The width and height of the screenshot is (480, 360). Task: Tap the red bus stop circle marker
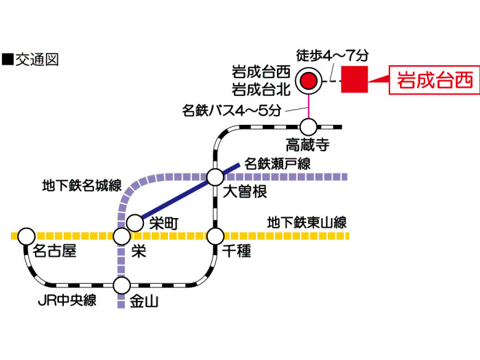309,81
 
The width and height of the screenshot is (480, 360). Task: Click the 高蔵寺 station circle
309,126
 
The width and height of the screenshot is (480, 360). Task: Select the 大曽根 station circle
216,177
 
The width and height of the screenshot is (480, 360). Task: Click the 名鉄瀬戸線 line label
278,163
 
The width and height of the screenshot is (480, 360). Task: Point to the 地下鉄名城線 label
82,185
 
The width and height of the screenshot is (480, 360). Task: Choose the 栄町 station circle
135,222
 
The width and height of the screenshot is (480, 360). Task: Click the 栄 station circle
121,237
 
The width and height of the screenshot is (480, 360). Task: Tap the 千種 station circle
216,237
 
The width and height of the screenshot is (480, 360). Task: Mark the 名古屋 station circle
26,237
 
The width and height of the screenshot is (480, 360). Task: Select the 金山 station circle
121,284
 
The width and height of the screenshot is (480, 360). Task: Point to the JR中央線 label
67,300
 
